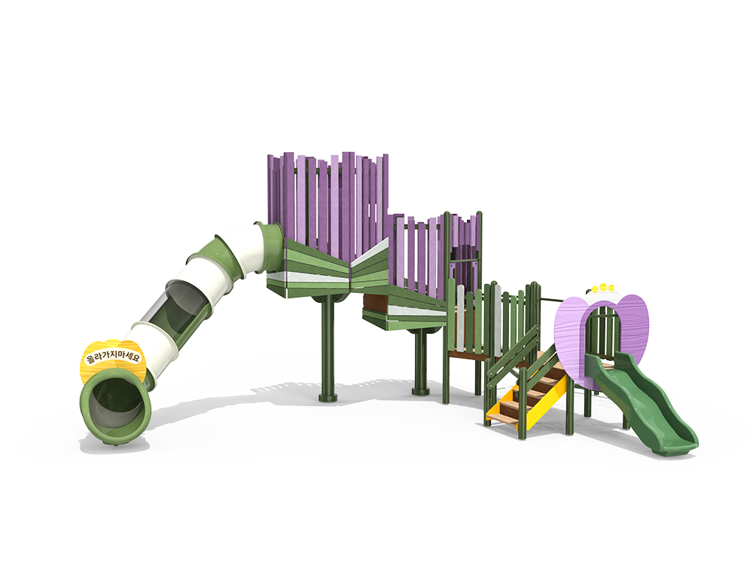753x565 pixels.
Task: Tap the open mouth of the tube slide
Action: coord(115,403)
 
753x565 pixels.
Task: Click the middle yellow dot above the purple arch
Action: coord(602,287)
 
